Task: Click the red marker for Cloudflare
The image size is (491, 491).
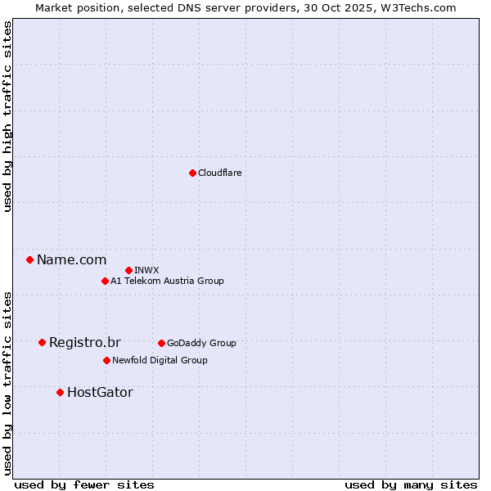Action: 192,173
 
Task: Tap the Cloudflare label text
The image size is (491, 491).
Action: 219,173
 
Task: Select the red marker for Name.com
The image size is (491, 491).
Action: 30,260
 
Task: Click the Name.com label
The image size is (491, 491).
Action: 71,260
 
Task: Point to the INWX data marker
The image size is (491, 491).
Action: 128,270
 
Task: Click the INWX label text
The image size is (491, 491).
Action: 146,271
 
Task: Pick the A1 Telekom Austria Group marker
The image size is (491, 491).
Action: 105,282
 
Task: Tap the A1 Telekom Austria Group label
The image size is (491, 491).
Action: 167,282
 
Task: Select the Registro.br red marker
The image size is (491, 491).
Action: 42,342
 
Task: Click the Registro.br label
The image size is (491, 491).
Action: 84,343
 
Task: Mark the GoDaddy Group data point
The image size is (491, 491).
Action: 161,343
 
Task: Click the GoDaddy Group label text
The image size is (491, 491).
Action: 201,344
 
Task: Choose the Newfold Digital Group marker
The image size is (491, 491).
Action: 106,360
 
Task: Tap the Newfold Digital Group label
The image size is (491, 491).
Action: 160,361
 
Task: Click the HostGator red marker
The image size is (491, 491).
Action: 60,393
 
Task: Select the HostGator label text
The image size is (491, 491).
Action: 100,393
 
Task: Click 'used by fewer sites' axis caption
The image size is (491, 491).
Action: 84,485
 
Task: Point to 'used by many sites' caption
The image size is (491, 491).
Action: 411,485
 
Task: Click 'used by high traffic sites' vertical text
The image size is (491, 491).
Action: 7,116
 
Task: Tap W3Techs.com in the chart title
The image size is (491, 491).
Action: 421,7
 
